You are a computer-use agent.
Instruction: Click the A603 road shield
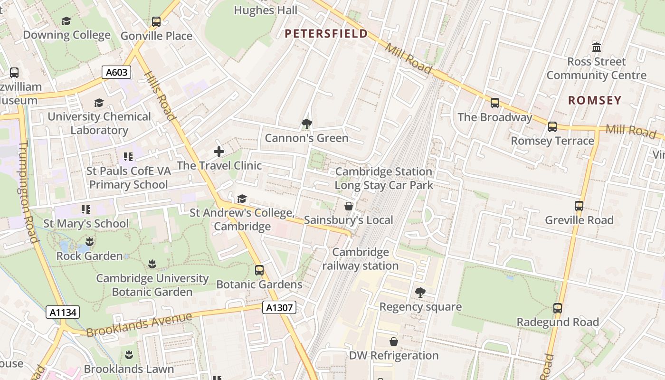point(116,72)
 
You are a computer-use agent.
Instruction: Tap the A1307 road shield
point(279,308)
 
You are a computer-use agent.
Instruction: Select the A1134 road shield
point(63,312)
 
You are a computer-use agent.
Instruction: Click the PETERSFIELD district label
point(326,34)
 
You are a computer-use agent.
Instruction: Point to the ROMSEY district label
point(595,100)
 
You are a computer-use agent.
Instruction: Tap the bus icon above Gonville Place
point(156,22)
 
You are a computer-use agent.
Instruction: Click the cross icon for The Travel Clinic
point(218,152)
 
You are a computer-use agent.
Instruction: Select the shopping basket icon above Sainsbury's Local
point(349,206)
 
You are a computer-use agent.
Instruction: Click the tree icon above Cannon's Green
point(306,124)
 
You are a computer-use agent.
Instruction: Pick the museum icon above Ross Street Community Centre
point(597,47)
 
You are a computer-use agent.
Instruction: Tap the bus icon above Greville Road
point(579,206)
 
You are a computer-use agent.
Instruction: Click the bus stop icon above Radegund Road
point(558,308)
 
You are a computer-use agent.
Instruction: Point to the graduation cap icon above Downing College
point(66,21)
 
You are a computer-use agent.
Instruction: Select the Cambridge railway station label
point(361,259)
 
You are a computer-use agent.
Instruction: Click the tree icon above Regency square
point(420,293)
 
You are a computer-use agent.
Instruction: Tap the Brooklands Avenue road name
point(139,325)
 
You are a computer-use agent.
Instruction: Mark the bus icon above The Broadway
point(494,103)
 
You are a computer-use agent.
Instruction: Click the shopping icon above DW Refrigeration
point(393,342)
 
